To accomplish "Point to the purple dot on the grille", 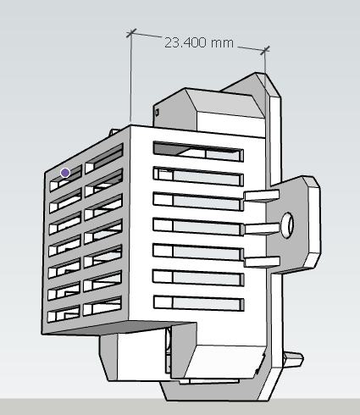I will pyautogui.click(x=65, y=172).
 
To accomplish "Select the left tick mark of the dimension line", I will pyautogui.click(x=130, y=33).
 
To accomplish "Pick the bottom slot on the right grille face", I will pyautogui.click(x=197, y=302).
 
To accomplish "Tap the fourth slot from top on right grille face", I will pyautogui.click(x=197, y=226).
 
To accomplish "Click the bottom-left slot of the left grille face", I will pyautogui.click(x=64, y=317).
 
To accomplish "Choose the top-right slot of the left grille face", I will pyautogui.click(x=104, y=156).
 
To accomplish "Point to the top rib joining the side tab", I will pyautogui.click(x=259, y=196).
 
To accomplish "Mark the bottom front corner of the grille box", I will pyautogui.click(x=44, y=333).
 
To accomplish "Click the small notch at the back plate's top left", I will pyautogui.click(x=157, y=111).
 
